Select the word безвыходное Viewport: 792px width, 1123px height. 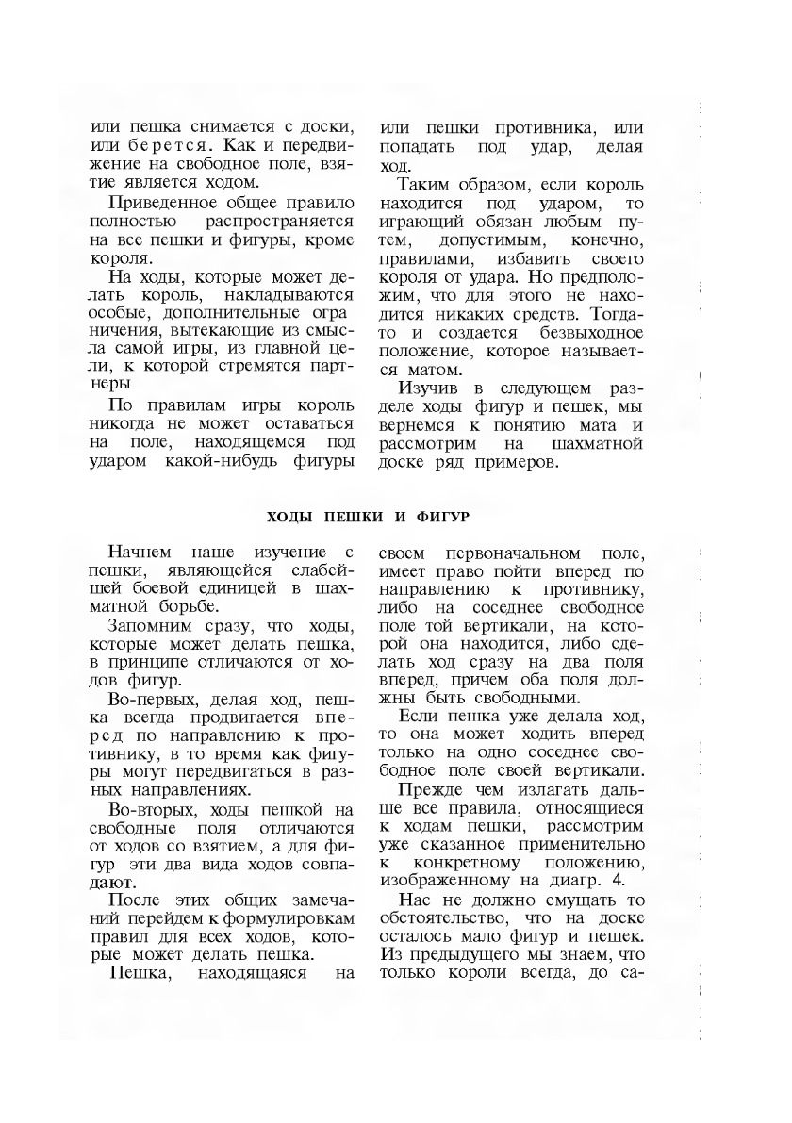[591, 332]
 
